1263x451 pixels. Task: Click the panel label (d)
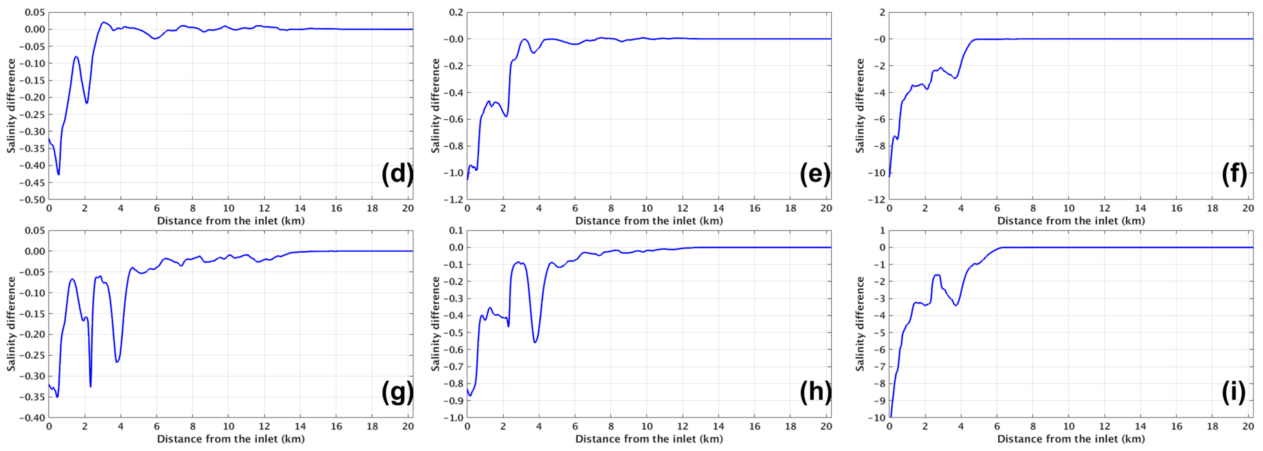(397, 174)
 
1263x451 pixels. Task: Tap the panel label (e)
(815, 174)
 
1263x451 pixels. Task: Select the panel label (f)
(1234, 174)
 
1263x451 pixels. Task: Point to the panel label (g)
(397, 392)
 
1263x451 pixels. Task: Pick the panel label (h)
(815, 392)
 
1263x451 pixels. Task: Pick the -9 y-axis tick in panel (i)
(879, 401)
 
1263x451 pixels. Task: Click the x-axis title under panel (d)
(231, 221)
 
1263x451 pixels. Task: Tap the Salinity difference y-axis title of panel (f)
(861, 105)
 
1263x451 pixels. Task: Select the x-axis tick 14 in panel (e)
(719, 208)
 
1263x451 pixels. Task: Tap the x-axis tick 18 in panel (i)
(1212, 427)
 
